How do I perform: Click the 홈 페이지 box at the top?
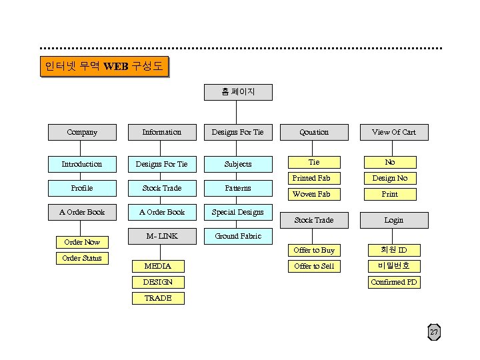238,91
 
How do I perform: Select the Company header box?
82,132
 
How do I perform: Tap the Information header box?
161,132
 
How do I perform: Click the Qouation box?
314,132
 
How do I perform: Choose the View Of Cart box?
393,132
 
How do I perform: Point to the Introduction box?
82,164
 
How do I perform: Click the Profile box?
82,188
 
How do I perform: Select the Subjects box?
238,164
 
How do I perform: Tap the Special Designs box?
238,212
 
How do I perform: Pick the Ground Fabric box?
238,236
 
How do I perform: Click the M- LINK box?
161,236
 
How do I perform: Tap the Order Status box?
82,258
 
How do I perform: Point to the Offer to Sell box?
314,266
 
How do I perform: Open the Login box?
393,220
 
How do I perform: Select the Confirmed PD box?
393,282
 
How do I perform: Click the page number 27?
434,333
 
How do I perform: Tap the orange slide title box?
104,67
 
